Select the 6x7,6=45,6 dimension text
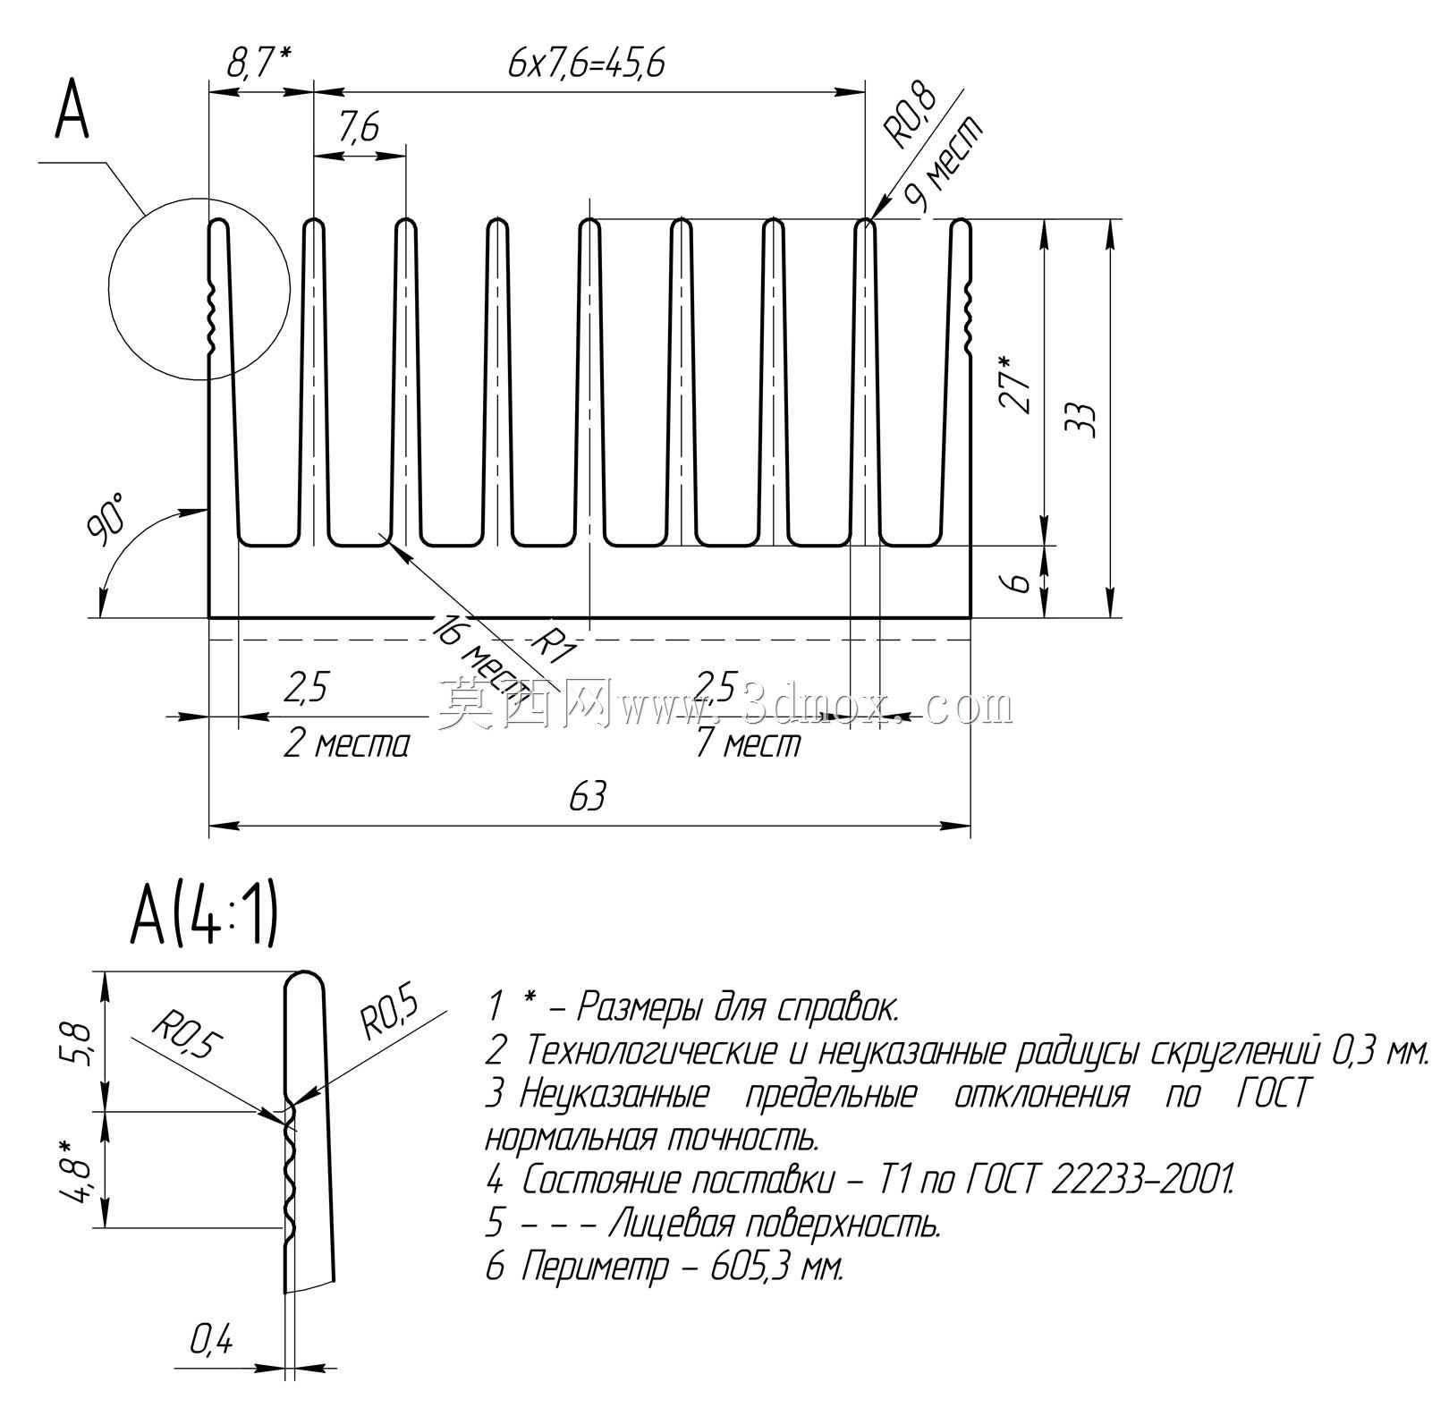586,64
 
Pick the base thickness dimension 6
1017,582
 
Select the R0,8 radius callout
910,115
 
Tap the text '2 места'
346,743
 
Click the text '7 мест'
749,743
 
